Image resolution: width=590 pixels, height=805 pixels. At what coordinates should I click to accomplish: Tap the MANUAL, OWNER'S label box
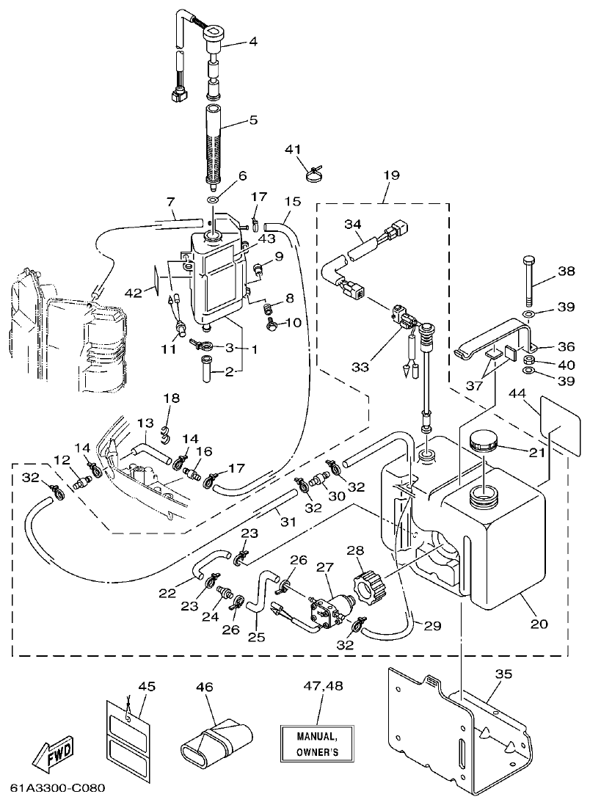tap(316, 743)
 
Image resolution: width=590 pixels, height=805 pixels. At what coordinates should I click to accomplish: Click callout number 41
tap(293, 150)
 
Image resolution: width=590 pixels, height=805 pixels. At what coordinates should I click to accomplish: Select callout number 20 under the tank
tap(539, 624)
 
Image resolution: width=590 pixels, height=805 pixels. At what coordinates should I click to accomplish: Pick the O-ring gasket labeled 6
tap(213, 200)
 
